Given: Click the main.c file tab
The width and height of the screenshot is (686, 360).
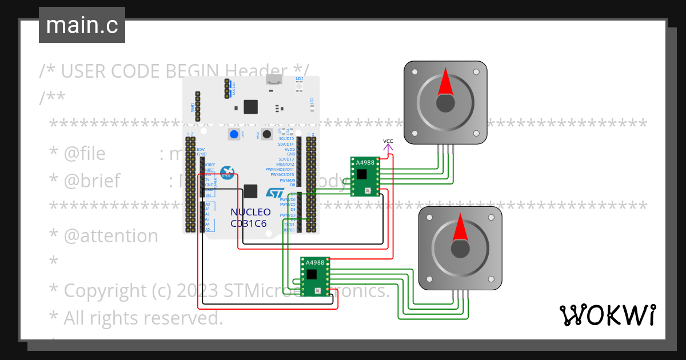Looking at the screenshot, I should tap(82, 25).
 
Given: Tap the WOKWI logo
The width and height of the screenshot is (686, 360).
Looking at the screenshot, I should tap(607, 315).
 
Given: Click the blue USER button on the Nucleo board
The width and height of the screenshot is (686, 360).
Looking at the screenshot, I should tap(234, 135).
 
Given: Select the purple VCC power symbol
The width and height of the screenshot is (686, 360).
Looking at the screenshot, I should tap(388, 147).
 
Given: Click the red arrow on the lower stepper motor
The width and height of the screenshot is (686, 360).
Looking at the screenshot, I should tap(460, 227).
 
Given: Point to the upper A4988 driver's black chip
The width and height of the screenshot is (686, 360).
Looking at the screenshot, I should tap(361, 173).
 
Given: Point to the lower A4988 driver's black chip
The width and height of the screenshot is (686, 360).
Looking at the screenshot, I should tap(311, 274).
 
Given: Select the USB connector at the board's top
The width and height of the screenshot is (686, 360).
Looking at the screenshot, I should tap(274, 81).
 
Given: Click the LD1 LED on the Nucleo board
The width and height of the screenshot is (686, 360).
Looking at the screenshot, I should tap(299, 85).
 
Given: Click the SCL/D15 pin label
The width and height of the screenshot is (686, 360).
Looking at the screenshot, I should tap(286, 138).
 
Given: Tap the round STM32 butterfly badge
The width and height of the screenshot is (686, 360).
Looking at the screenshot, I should tap(228, 172).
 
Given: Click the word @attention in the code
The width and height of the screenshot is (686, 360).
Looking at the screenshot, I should tap(111, 235).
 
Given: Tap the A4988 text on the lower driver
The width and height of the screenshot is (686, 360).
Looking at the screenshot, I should tap(315, 263).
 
